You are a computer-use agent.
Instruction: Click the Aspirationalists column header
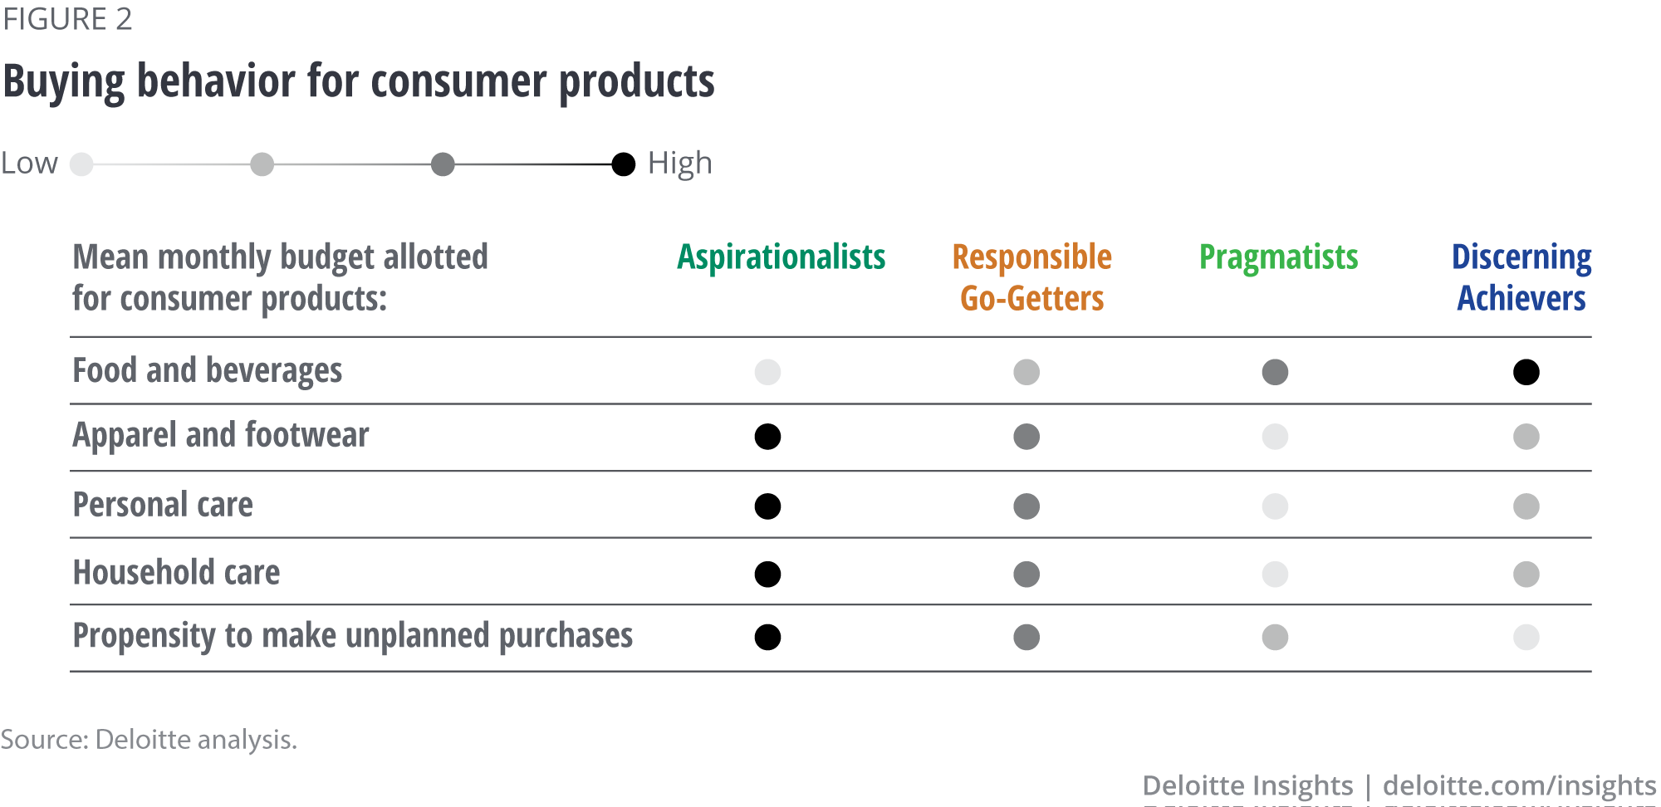click(782, 257)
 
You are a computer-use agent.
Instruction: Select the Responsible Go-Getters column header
click(1032, 277)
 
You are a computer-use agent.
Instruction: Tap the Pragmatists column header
click(1279, 257)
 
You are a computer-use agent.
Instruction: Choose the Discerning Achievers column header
click(1521, 277)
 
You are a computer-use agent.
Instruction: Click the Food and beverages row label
click(208, 371)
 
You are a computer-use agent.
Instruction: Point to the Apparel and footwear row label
click(221, 435)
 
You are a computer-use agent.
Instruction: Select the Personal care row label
click(163, 505)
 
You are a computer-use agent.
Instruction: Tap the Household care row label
click(177, 573)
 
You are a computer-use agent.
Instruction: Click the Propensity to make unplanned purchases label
click(353, 636)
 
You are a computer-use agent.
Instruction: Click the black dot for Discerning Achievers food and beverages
click(1526, 372)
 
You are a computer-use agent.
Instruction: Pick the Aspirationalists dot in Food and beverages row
click(767, 372)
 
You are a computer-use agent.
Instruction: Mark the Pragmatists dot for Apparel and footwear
click(1275, 437)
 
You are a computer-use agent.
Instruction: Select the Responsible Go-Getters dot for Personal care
click(1026, 506)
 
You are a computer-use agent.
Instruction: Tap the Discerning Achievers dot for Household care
click(1526, 575)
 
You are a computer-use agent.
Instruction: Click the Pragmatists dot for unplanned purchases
click(1275, 638)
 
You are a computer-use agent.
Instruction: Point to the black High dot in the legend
click(624, 164)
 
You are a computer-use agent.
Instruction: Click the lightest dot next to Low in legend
click(81, 164)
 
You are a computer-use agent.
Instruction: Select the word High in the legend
click(680, 164)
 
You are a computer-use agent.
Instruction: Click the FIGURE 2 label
click(67, 19)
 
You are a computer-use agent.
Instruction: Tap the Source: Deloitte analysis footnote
click(149, 739)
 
